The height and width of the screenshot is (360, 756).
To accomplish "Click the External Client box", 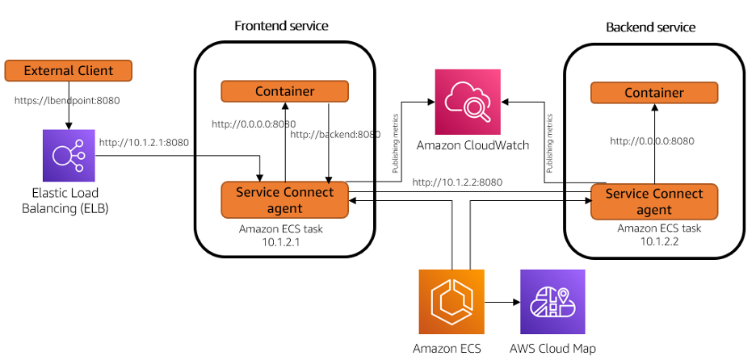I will point(68,71).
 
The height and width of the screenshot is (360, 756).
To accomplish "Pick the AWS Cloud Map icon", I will point(552,301).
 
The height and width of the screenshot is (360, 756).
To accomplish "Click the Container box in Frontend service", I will point(284,91).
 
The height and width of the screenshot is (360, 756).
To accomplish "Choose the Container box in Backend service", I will point(654,93).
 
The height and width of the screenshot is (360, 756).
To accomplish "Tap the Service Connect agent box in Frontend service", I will point(284,200).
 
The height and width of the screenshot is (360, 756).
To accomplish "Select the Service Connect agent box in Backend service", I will point(654,202).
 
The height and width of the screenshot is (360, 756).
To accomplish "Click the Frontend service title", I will point(281,26).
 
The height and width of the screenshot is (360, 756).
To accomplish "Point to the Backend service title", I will point(650,27).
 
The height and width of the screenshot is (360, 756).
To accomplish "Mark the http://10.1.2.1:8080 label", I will point(144,143).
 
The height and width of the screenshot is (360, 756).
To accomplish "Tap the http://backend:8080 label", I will point(334,134).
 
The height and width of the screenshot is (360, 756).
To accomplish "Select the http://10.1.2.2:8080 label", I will point(457,182).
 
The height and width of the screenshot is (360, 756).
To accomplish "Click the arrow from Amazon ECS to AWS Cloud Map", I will point(501,302).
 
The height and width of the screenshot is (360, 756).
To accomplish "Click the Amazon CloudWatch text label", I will point(472,145).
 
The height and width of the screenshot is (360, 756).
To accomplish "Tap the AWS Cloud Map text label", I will point(552,349).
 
